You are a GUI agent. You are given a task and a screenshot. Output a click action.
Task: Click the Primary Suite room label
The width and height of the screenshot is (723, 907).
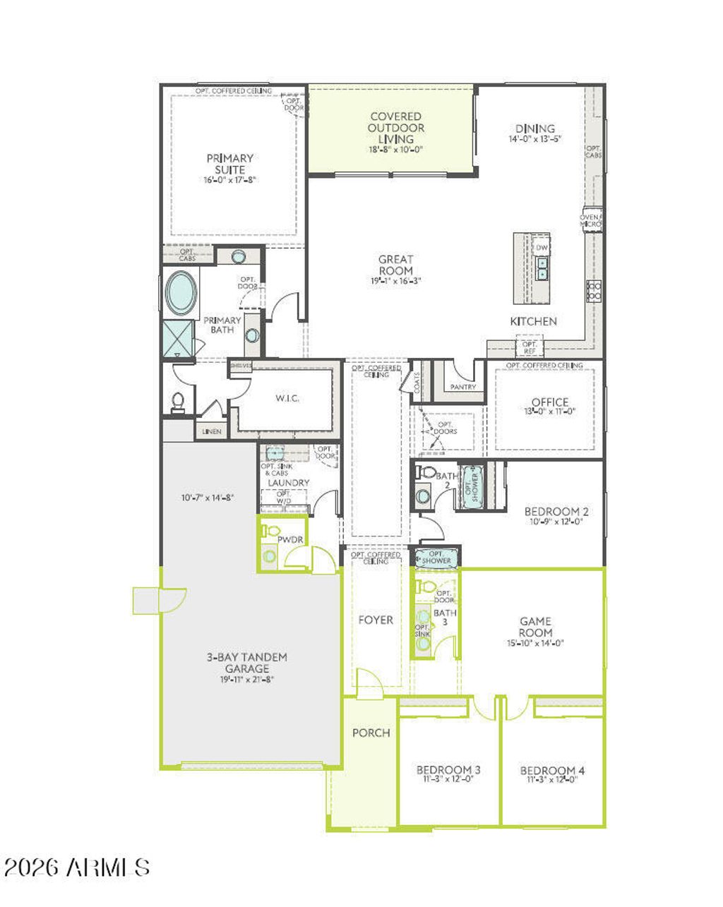[229, 164]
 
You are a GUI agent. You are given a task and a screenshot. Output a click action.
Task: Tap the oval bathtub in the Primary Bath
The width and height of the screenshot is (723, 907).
[181, 292]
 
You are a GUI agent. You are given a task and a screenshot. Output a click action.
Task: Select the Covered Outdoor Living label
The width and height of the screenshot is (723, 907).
[395, 128]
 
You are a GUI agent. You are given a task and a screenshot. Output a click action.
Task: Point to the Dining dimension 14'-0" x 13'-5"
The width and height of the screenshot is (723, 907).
[535, 140]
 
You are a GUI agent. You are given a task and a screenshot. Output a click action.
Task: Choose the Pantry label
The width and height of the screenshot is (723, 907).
[463, 387]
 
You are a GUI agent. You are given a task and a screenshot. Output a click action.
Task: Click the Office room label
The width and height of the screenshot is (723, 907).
[550, 402]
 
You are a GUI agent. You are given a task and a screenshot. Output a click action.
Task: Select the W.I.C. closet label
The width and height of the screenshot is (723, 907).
[287, 398]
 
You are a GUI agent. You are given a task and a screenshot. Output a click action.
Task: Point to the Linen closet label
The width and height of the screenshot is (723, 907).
[211, 431]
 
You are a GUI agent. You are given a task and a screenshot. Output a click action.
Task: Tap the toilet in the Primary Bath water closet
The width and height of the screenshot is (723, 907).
[177, 402]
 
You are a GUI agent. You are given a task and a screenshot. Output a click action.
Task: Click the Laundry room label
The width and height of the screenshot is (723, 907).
[288, 483]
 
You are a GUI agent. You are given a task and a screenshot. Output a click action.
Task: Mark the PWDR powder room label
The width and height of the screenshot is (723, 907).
[289, 539]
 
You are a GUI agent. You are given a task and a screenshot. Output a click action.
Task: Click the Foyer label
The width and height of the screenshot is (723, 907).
[376, 620]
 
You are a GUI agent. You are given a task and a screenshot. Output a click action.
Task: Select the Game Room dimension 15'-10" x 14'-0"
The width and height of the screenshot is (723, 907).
[535, 643]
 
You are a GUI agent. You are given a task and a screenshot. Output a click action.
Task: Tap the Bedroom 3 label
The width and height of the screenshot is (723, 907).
[448, 769]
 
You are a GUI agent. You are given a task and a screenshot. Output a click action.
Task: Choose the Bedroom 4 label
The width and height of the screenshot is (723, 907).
[552, 770]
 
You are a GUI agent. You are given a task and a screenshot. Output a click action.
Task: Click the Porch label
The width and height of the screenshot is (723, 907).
[371, 733]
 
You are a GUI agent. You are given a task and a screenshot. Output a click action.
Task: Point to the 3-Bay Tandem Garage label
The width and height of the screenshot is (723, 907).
[247, 662]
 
